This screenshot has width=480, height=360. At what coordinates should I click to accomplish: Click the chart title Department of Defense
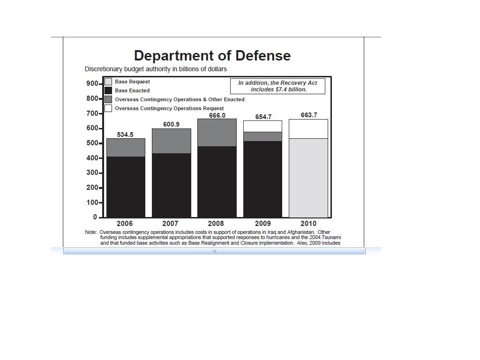point(212,56)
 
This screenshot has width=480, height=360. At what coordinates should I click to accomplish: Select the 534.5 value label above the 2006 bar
point(125,135)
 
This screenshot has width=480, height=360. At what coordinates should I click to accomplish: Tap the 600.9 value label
point(171,124)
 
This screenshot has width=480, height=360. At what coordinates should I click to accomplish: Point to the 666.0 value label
point(217,115)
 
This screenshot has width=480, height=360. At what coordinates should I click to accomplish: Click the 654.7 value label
point(263,117)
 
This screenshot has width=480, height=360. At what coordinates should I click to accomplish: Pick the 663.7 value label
point(309,115)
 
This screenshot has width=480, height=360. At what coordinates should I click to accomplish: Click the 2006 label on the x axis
point(125,224)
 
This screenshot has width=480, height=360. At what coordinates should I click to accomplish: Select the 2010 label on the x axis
point(308,224)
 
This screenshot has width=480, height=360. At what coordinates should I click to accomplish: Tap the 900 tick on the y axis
point(92,83)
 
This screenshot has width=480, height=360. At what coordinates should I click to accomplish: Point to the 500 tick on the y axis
point(92,143)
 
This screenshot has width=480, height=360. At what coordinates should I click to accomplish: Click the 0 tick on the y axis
point(95,217)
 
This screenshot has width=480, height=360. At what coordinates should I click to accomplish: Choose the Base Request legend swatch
point(108,82)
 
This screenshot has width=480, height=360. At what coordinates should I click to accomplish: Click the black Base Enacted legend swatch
point(108,90)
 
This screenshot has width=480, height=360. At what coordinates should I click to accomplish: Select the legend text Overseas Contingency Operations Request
point(169,108)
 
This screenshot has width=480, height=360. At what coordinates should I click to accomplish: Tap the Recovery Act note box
point(278,86)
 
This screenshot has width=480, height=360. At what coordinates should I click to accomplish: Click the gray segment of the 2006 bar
point(126,148)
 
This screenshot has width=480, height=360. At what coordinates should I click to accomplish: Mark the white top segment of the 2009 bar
point(263,126)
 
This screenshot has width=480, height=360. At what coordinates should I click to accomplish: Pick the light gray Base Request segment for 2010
point(308,178)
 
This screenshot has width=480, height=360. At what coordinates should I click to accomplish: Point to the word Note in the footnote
point(90,232)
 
